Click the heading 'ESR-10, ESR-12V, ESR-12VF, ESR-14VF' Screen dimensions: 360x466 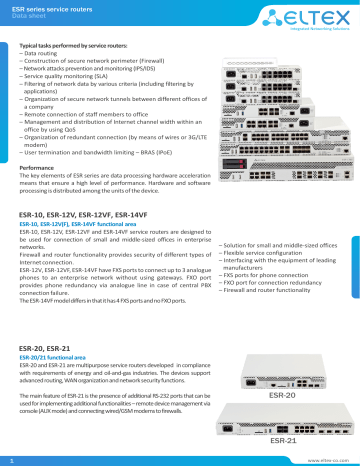[91, 214]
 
